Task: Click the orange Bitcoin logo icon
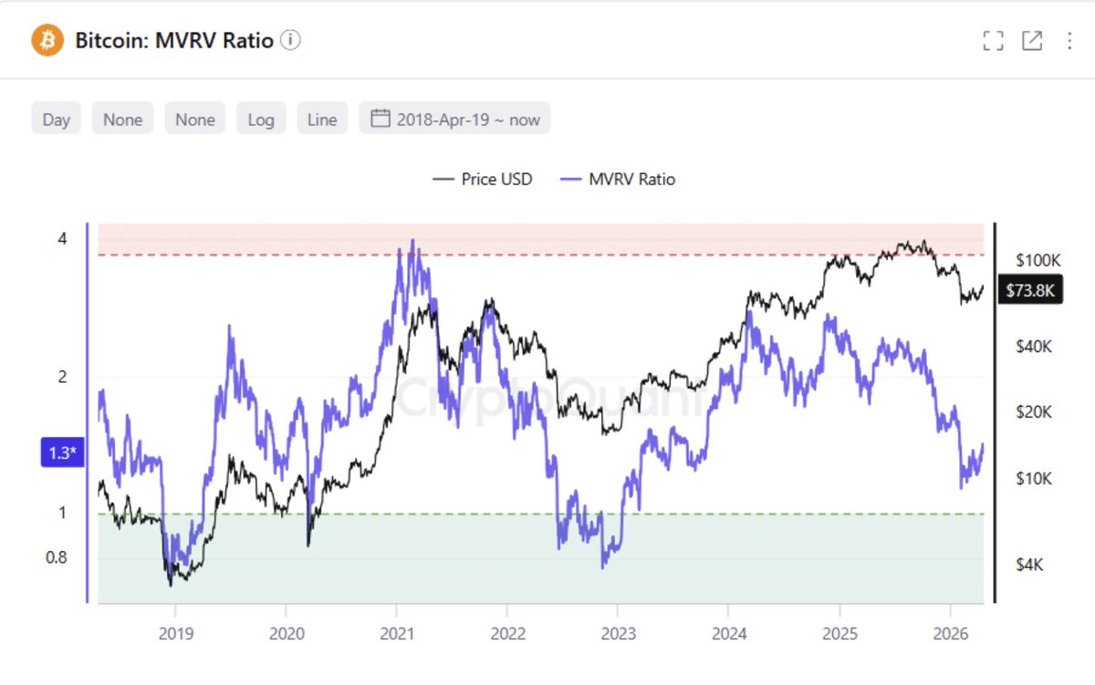[47, 40]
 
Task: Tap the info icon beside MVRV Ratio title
[290, 40]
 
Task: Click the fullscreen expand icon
[993, 41]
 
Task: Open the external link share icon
[1032, 41]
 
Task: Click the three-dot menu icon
[1069, 41]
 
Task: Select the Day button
[57, 119]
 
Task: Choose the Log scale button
[261, 119]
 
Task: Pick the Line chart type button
[322, 119]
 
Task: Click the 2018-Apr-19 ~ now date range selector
[455, 119]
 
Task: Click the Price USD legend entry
[483, 180]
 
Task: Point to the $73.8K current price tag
[1030, 290]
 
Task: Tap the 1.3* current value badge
[61, 453]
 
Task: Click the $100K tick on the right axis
[1038, 261]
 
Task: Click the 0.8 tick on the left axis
[57, 557]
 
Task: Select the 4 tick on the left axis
[62, 239]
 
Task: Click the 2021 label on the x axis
[396, 633]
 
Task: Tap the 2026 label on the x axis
[950, 633]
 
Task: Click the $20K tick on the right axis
[1034, 412]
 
